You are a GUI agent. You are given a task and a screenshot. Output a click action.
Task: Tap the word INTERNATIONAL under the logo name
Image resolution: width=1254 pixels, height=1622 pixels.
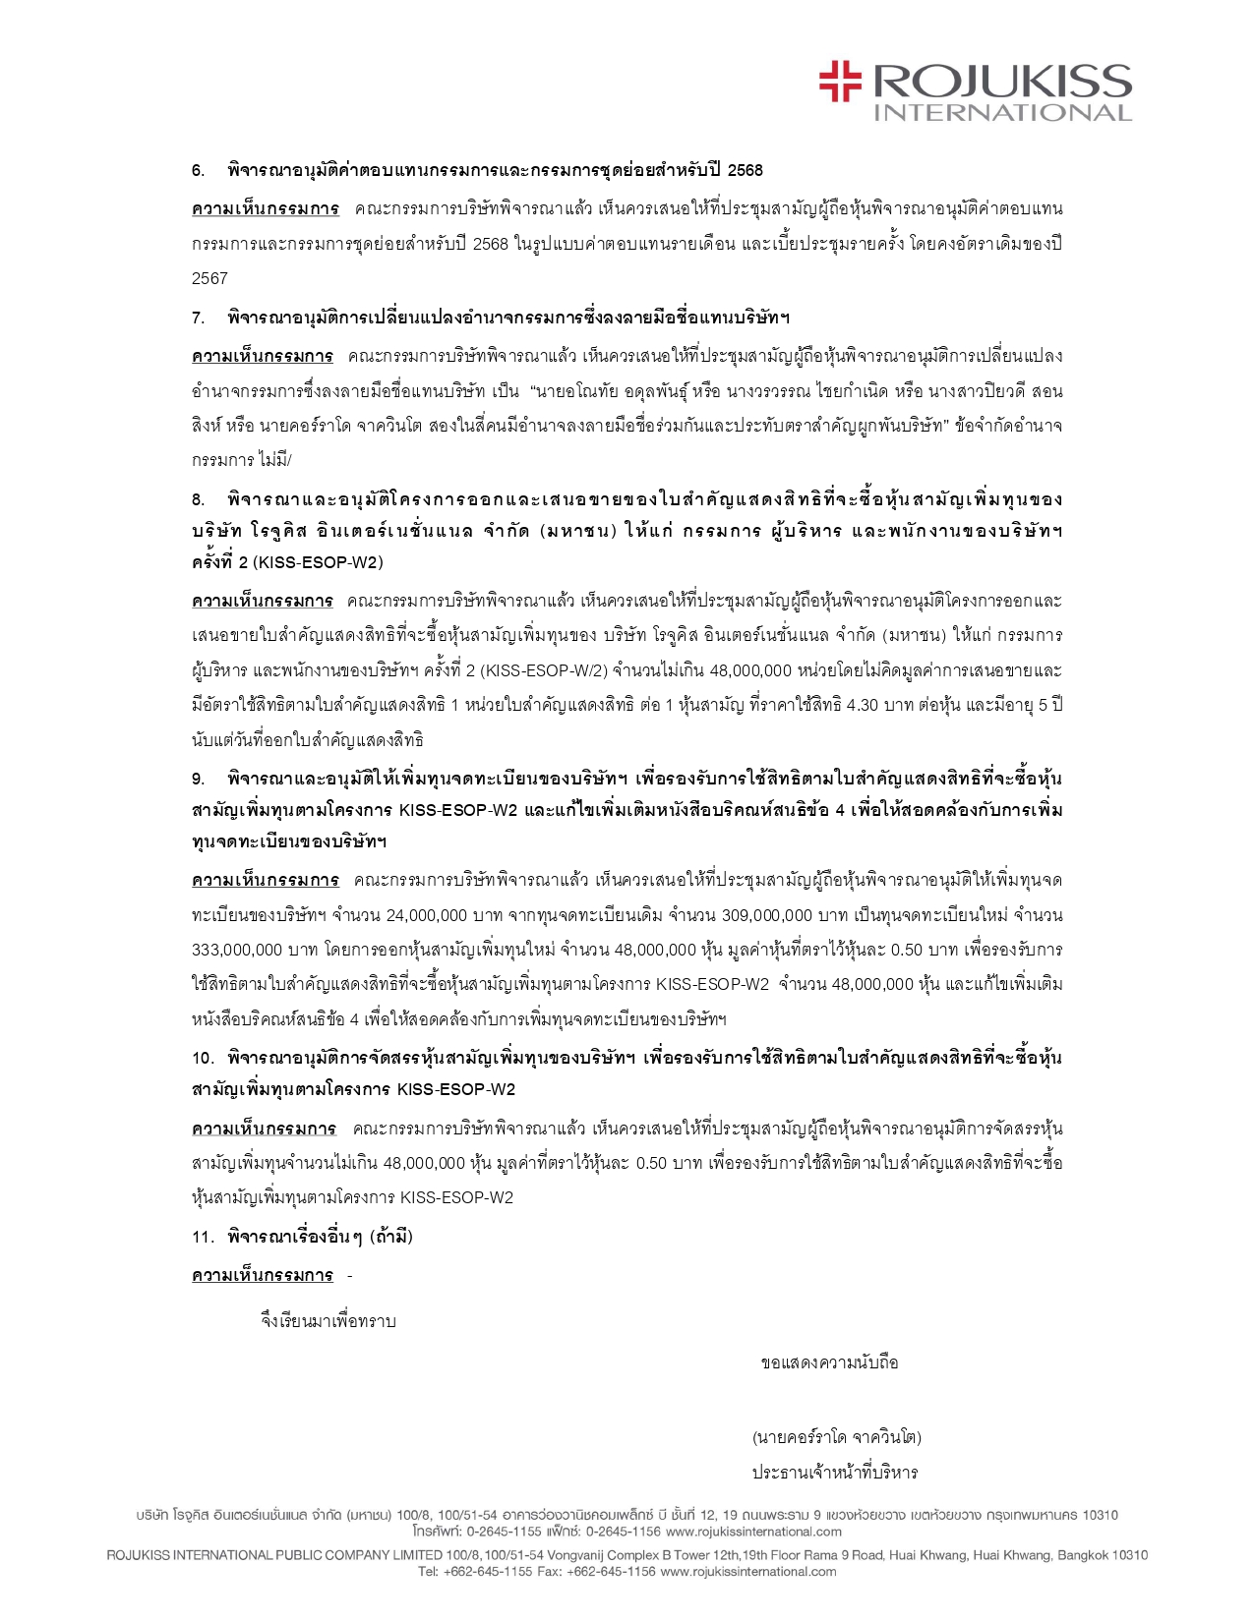point(1003,112)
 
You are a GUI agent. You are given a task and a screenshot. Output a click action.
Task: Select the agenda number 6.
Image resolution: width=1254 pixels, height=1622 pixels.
point(198,170)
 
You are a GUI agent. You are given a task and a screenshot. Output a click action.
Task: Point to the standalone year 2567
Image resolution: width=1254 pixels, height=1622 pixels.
point(209,278)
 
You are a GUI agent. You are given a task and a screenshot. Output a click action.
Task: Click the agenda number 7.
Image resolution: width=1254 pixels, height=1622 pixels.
point(198,318)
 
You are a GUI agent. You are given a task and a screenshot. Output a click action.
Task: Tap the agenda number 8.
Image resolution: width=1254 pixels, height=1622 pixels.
point(198,498)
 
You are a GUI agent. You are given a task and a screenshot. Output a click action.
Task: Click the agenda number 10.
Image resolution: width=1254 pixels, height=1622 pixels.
point(203,1058)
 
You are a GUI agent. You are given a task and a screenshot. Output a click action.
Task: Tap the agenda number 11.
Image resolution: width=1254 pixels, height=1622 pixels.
point(203,1237)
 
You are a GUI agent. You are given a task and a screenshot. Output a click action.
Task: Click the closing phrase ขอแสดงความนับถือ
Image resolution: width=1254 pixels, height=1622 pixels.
point(829,1362)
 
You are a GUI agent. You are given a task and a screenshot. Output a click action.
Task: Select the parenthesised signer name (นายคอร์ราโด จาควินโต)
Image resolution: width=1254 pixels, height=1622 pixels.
point(836,1437)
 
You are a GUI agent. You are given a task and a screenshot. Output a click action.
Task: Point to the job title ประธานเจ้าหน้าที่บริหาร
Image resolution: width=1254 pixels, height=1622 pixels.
point(835,1473)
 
